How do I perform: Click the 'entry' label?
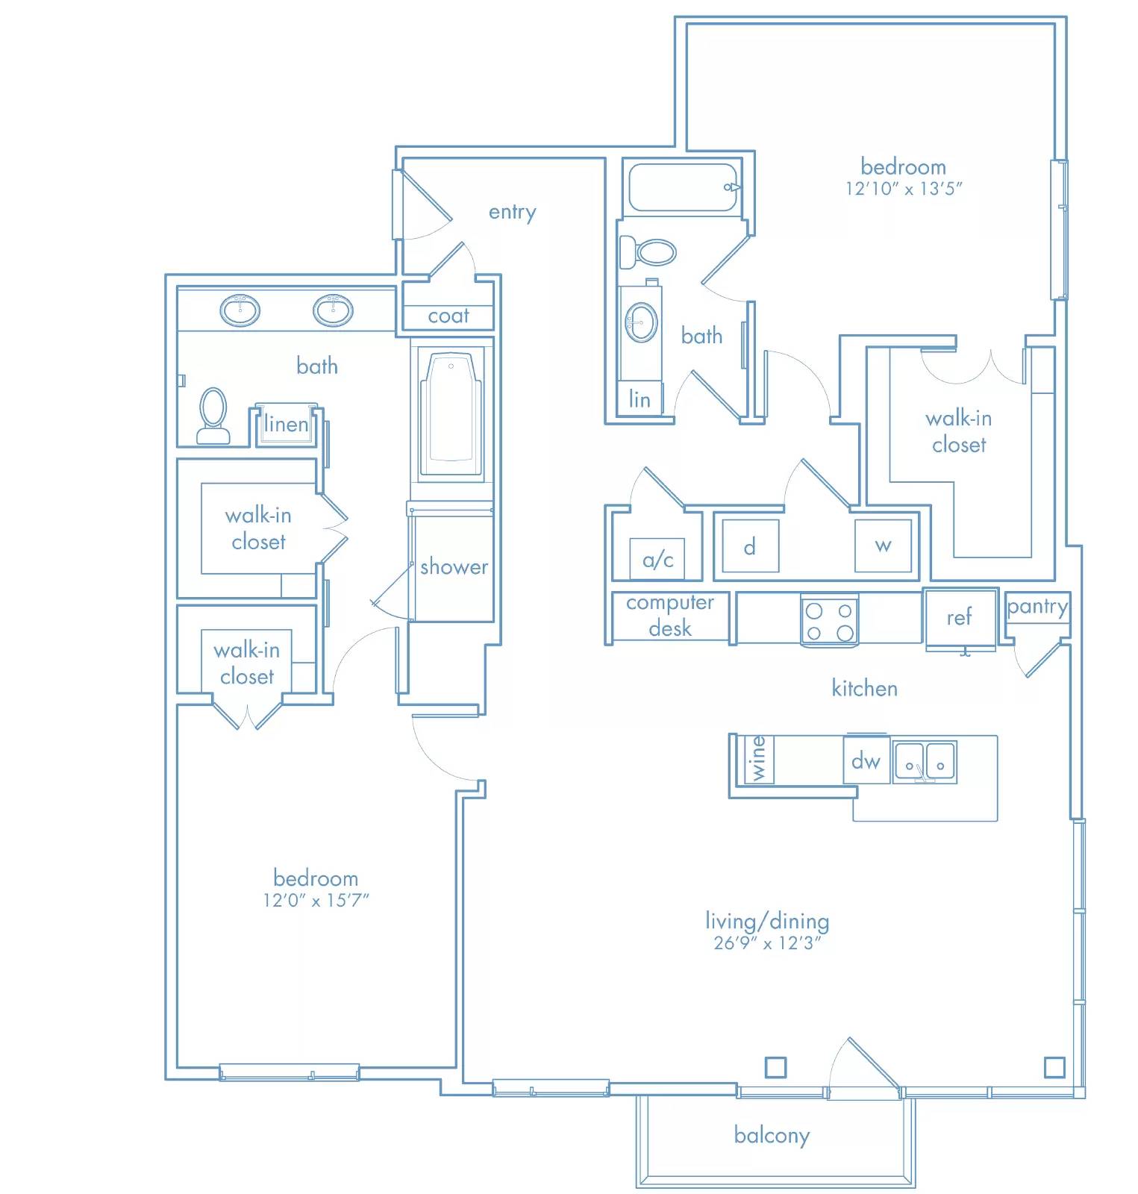[512, 213]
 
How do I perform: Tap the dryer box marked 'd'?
[750, 546]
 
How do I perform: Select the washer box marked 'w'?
[883, 546]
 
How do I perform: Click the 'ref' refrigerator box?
[960, 618]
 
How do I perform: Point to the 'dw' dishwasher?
[866, 760]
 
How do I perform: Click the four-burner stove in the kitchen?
[829, 620]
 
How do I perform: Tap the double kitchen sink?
[925, 762]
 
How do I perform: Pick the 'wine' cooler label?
[758, 759]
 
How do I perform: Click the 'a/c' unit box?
[657, 559]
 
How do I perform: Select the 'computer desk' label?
[669, 616]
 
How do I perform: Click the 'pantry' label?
[1037, 607]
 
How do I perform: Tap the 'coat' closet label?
[448, 316]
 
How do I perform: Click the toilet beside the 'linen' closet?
[213, 416]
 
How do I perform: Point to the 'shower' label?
[454, 566]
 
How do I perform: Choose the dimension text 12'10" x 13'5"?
[903, 189]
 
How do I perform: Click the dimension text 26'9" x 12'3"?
[767, 943]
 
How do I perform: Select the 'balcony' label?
[772, 1136]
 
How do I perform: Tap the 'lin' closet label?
[639, 399]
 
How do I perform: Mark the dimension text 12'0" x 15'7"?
[316, 901]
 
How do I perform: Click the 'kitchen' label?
[864, 688]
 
